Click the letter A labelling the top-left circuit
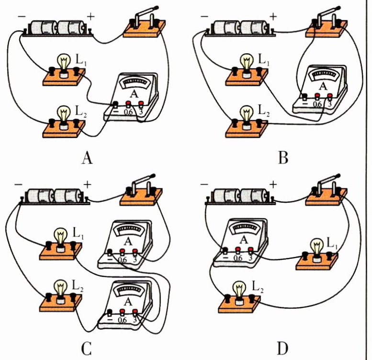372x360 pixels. coord(87,158)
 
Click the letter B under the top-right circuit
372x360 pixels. coord(283,158)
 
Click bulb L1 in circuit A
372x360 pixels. coord(64,63)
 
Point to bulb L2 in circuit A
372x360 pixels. coord(64,115)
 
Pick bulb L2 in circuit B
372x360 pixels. coord(247,115)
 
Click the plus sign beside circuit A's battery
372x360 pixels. coord(90,15)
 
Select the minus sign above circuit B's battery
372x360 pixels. coord(204,16)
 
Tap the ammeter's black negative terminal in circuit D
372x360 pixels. coord(225,250)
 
